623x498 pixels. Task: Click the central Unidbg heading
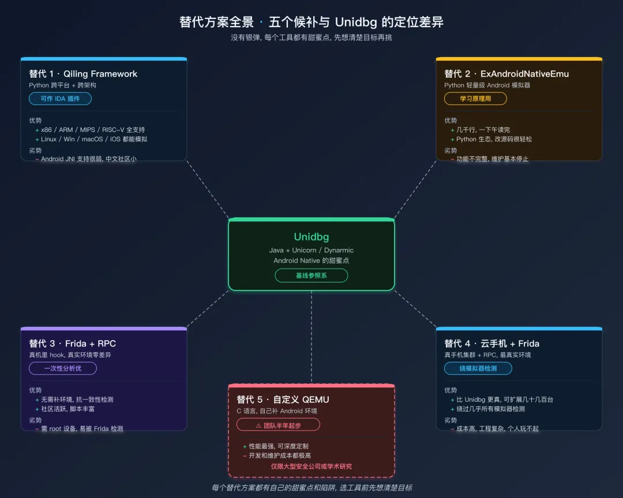[311, 237]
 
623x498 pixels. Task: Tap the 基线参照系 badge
[311, 276]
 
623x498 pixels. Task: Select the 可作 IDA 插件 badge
[60, 99]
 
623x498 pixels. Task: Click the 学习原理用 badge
[475, 99]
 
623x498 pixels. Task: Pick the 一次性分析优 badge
[63, 368]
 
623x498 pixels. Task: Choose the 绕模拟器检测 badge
[478, 368]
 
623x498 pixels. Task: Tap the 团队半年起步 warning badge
[278, 425]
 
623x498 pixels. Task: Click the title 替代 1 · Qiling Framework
[83, 74]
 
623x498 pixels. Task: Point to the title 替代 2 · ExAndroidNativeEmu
[506, 74]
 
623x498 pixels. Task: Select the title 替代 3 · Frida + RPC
[73, 344]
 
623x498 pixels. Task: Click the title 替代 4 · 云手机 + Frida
[491, 344]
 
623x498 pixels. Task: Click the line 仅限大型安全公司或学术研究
[311, 466]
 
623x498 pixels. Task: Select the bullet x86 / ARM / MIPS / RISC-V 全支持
[93, 130]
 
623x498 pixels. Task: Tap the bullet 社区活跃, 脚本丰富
[68, 409]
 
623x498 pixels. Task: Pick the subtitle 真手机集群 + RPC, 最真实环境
[487, 355]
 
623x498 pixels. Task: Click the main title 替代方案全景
[216, 22]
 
